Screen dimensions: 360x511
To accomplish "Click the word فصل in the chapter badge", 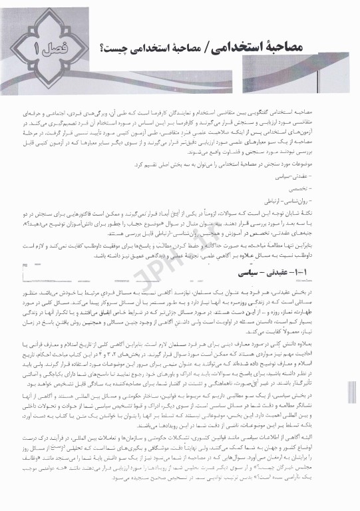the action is point(53,49).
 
